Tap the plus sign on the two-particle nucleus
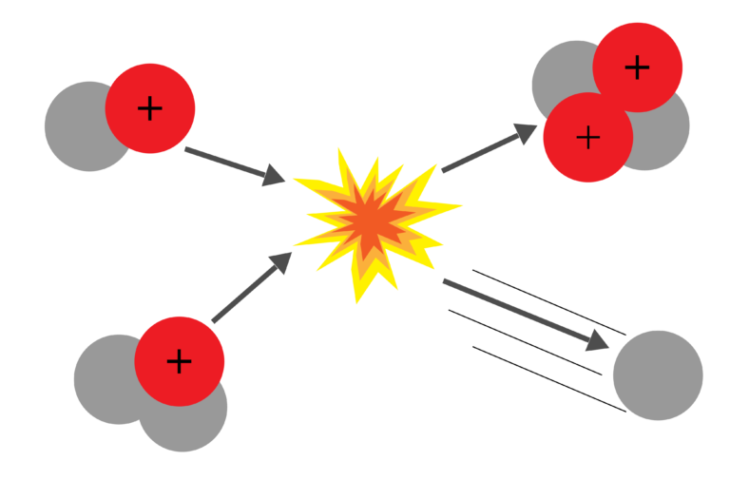(150, 108)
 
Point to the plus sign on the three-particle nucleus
(180, 361)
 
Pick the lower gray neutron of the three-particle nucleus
(190, 426)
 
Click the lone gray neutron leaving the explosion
(658, 375)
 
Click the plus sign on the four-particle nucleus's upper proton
(638, 67)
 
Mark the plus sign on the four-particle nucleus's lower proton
(588, 138)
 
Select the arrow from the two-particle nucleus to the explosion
(234, 164)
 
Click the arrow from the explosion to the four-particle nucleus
(489, 148)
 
